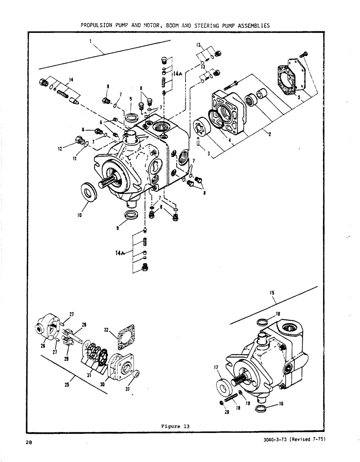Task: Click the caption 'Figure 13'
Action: point(175,426)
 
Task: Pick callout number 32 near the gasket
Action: point(107,330)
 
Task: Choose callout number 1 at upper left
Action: point(91,41)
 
